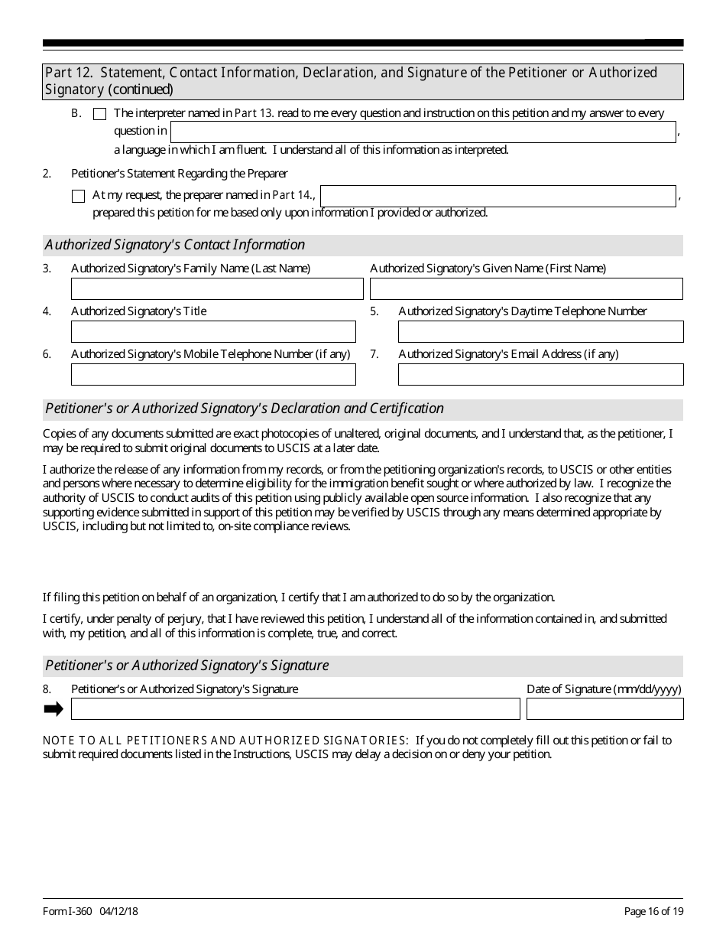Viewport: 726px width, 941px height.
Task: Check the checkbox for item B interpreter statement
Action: coord(99,115)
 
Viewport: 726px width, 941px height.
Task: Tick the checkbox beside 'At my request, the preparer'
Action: coord(78,197)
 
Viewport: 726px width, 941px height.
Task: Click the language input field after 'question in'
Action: coord(423,132)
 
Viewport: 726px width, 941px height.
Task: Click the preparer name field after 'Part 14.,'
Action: coord(498,196)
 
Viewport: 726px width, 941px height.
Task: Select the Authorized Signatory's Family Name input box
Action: coord(217,288)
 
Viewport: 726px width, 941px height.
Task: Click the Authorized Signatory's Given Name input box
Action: coord(526,288)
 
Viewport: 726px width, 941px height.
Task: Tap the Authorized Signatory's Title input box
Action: coord(213,331)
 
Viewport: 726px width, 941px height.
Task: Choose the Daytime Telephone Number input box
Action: coord(540,331)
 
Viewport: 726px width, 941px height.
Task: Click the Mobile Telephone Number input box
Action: coord(213,374)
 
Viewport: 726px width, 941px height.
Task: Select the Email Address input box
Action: coord(540,374)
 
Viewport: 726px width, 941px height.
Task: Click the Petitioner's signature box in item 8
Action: coord(295,709)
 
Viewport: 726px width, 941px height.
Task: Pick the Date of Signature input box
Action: coord(604,709)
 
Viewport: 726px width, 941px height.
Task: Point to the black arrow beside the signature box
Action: coord(53,709)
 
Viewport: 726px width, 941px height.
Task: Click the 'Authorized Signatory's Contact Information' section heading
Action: coord(175,245)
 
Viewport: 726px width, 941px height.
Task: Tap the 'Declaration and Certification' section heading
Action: coord(245,409)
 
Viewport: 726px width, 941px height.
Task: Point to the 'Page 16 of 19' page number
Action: coord(653,911)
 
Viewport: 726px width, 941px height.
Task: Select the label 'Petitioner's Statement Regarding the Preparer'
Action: coord(180,174)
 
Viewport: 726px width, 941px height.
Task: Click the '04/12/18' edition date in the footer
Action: coord(118,911)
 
